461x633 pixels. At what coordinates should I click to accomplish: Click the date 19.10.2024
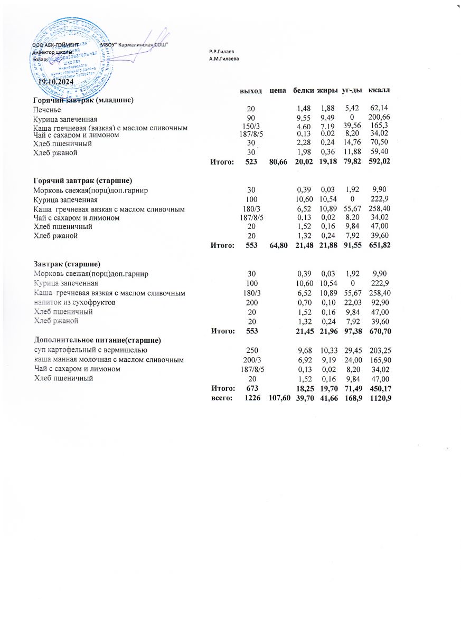pyautogui.click(x=56, y=82)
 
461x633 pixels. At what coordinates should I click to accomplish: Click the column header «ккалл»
pyautogui.click(x=379, y=91)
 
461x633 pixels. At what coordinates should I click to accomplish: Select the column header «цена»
pyautogui.click(x=278, y=91)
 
